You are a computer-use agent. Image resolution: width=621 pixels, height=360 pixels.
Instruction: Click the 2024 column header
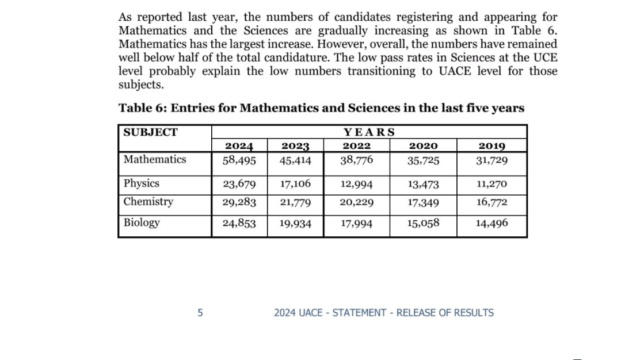click(238, 146)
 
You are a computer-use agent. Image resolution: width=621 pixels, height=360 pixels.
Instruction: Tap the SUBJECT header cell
click(151, 132)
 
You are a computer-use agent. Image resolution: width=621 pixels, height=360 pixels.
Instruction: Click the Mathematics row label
click(155, 159)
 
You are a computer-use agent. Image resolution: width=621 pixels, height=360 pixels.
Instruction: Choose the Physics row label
click(142, 184)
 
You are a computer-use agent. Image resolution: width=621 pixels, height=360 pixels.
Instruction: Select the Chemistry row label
click(148, 202)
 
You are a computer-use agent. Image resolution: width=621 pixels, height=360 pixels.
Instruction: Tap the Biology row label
click(142, 223)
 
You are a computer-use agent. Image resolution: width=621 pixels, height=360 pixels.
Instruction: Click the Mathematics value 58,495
click(238, 160)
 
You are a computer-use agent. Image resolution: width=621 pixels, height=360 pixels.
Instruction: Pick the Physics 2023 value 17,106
click(295, 185)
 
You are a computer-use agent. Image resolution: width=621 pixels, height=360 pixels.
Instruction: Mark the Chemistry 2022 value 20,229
click(356, 202)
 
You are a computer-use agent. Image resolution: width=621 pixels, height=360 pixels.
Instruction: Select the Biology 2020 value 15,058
click(423, 224)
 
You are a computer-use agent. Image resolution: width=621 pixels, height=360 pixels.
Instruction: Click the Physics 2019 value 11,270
click(492, 185)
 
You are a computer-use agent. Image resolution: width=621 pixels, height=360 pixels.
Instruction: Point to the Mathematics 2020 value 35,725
click(423, 161)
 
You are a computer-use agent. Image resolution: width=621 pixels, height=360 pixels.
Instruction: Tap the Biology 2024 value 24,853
click(238, 224)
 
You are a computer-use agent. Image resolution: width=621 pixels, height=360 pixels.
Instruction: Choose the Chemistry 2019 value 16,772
click(492, 202)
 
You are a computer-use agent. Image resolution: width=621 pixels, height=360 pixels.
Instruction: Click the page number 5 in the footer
click(200, 313)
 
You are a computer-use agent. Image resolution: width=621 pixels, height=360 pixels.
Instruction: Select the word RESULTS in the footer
click(474, 313)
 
